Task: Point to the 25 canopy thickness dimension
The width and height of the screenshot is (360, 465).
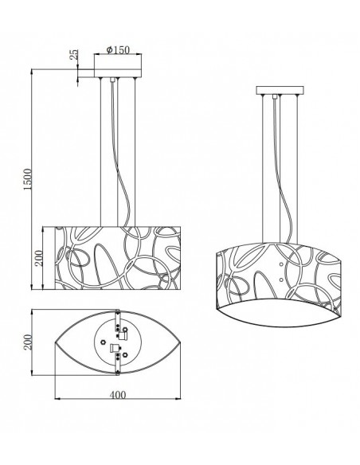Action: coord(74,57)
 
